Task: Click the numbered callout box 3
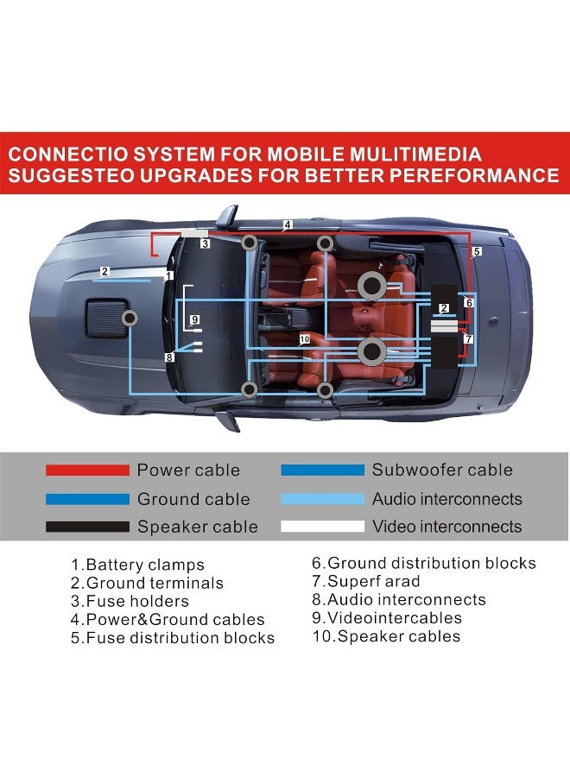point(206,243)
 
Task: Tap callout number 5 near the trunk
point(477,252)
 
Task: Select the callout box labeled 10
point(305,339)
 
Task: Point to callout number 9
point(195,319)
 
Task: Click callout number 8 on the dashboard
point(170,357)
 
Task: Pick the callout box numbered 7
point(468,339)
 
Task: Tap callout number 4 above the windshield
point(288,225)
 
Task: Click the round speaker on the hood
point(130,318)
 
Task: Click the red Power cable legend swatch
point(87,471)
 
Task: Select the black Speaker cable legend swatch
point(87,527)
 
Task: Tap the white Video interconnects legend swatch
point(323,527)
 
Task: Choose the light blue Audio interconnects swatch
point(323,499)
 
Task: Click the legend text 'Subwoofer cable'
point(443,470)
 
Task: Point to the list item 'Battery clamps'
point(137,565)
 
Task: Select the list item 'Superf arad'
point(366,581)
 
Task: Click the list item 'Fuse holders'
point(130,602)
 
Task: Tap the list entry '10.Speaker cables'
point(386,636)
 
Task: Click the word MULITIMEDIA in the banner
point(416,155)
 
